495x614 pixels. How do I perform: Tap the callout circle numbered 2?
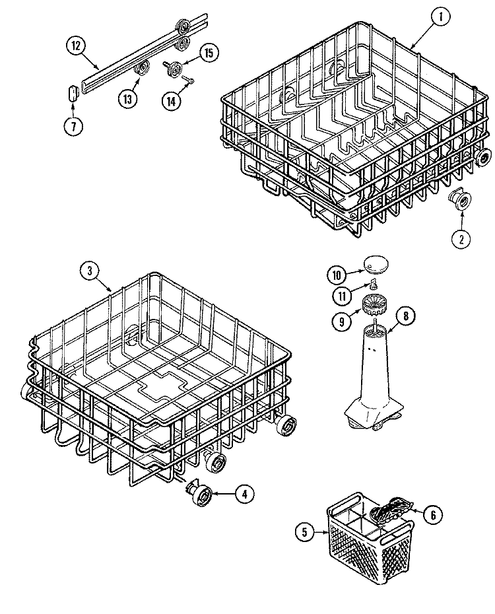461,238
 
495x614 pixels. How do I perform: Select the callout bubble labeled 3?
90,270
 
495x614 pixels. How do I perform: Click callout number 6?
434,515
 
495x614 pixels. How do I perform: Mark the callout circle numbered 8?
405,316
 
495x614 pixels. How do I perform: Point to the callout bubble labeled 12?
76,46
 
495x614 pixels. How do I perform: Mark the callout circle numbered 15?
209,53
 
